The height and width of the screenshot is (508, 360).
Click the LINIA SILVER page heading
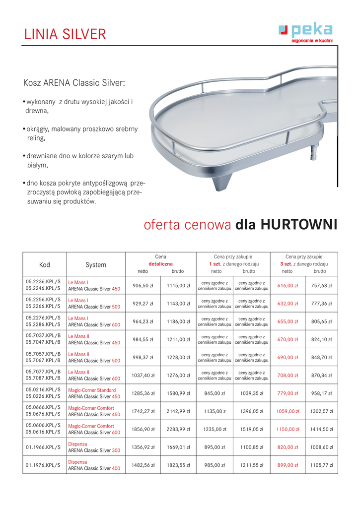pyautogui.click(x=65, y=34)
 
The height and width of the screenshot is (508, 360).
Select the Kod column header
pyautogui.click(x=45, y=264)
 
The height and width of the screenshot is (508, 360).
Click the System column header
pyautogui.click(x=95, y=264)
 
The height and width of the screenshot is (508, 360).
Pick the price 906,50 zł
pyautogui.click(x=143, y=286)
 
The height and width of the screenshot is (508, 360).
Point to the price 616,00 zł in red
pyautogui.click(x=288, y=286)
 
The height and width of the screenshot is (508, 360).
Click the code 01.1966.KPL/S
pyautogui.click(x=43, y=447)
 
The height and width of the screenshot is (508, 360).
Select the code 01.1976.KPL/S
pyautogui.click(x=43, y=465)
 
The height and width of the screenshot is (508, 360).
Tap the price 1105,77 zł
pyautogui.click(x=321, y=465)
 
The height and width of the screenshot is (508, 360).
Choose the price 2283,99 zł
pyautogui.click(x=178, y=429)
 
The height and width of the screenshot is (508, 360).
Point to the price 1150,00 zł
pyautogui.click(x=288, y=429)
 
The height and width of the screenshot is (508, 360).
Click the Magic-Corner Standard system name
pyautogui.click(x=92, y=390)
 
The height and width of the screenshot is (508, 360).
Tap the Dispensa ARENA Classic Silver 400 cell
pyautogui.click(x=94, y=465)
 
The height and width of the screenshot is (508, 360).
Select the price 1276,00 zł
pyautogui.click(x=178, y=376)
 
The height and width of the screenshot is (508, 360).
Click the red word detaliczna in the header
pyautogui.click(x=160, y=264)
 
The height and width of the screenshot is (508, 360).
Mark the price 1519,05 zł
pyautogui.click(x=251, y=429)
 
